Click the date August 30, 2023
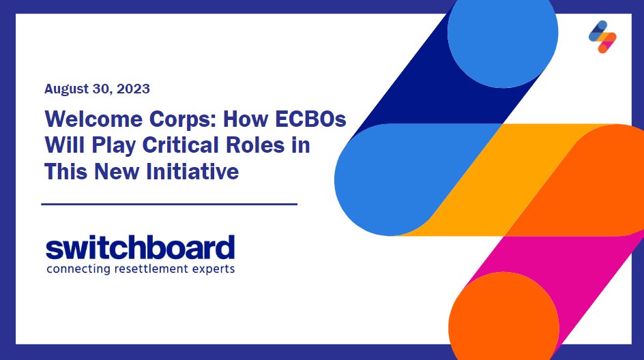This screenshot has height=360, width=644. (x=97, y=89)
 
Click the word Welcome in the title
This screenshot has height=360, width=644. (x=93, y=119)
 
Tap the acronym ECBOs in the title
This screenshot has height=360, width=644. (x=310, y=119)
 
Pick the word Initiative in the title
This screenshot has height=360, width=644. (x=192, y=172)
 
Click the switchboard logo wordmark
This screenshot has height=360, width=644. (x=140, y=247)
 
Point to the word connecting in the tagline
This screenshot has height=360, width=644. (x=78, y=270)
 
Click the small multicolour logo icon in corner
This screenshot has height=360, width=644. (x=602, y=37)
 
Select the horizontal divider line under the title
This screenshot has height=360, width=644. (x=169, y=204)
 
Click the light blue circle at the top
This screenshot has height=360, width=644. (x=503, y=33)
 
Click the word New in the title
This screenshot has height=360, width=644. (x=117, y=172)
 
